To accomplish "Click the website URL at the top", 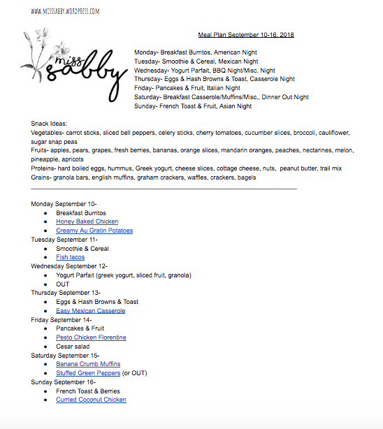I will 65,12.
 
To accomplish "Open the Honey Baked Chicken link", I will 87,221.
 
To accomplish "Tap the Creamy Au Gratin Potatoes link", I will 94,231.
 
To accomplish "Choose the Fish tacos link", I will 71,257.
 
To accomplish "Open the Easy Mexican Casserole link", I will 91,311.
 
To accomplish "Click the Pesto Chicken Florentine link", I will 92,337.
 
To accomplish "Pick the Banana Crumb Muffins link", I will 88,364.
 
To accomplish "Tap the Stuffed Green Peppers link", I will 88,373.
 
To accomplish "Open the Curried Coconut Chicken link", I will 92,400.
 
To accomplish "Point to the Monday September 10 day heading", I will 64,203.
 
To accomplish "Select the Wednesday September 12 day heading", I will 69,266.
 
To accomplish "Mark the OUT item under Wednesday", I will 63,284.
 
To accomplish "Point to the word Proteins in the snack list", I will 43,168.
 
